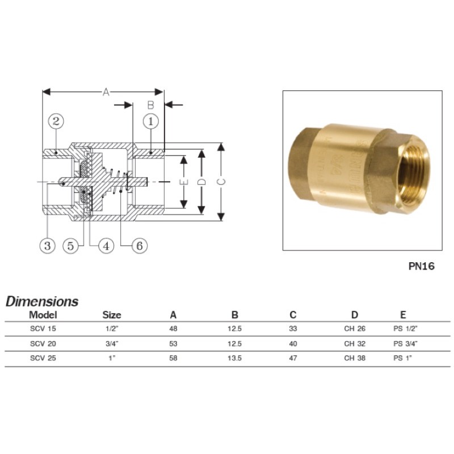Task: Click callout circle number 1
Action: (151, 121)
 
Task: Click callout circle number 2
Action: (56, 121)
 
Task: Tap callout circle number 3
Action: (47, 246)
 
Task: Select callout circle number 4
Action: (106, 246)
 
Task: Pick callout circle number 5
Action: (70, 246)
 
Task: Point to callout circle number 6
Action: (140, 246)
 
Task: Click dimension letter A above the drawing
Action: (106, 92)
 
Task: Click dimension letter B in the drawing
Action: (150, 105)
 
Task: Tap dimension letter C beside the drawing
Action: (221, 182)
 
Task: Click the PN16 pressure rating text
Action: (421, 266)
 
